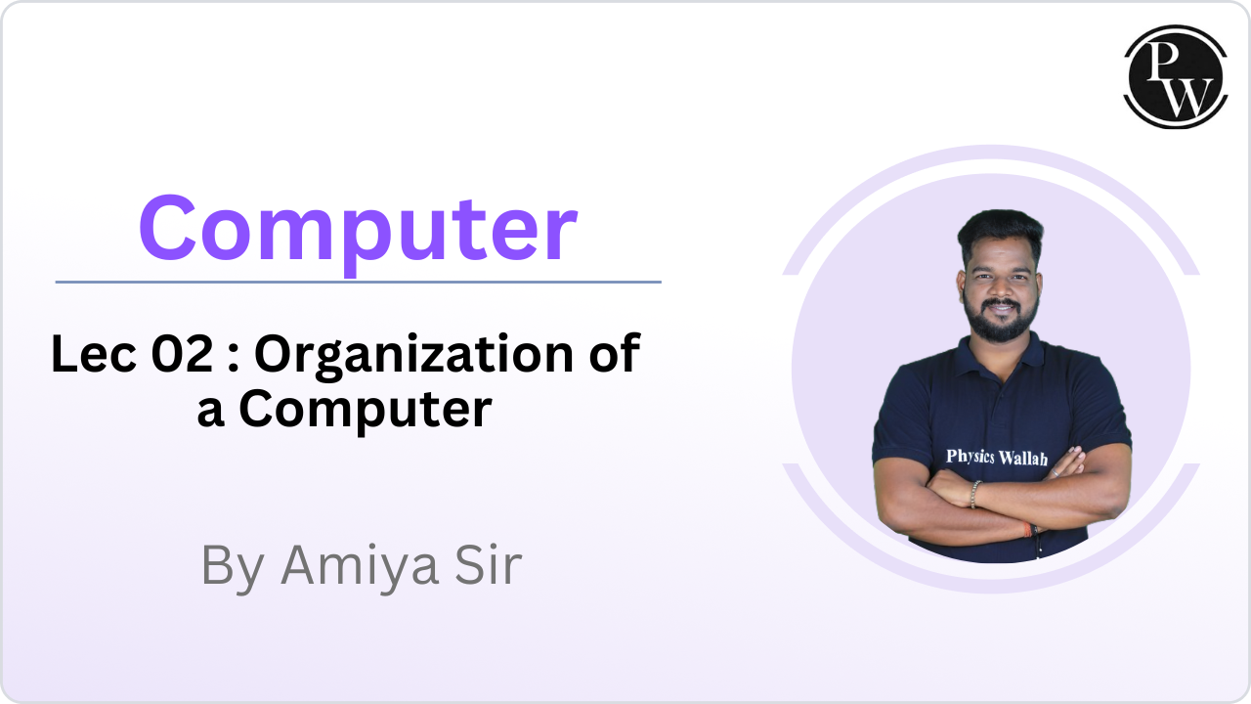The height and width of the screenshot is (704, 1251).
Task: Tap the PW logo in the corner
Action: [1175, 76]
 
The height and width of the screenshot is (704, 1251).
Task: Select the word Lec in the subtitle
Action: [94, 354]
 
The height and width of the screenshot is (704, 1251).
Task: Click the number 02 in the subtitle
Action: [182, 354]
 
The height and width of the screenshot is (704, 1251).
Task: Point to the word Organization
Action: [414, 357]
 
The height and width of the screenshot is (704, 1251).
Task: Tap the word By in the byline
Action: [233, 568]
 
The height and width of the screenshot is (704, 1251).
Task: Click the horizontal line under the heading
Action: [358, 283]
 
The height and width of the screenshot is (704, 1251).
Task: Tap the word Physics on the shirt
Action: [971, 457]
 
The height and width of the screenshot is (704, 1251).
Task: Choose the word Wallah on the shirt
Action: [1022, 459]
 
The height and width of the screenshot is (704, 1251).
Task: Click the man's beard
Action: [1000, 323]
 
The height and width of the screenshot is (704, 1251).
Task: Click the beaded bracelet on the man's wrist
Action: [974, 495]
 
